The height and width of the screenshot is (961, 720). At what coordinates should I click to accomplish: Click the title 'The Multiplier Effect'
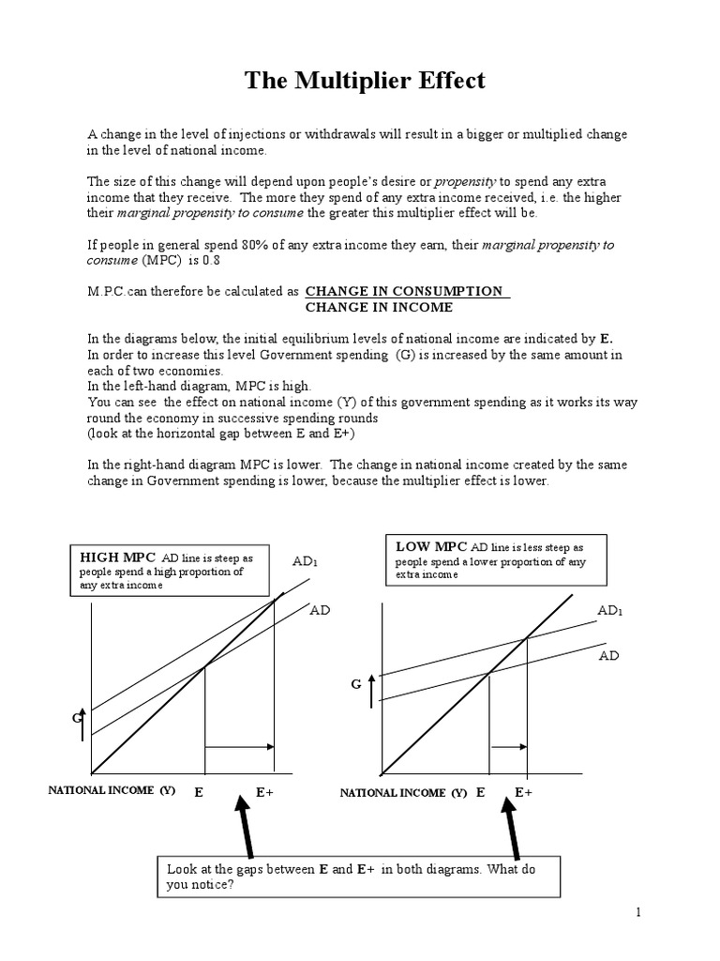[x=365, y=81]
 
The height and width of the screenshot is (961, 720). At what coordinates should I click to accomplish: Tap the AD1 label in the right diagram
[x=610, y=611]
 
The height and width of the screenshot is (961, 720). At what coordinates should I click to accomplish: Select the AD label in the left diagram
[x=321, y=609]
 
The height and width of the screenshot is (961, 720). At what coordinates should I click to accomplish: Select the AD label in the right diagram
[x=609, y=655]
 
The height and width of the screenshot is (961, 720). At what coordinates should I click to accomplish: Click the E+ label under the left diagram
[x=265, y=792]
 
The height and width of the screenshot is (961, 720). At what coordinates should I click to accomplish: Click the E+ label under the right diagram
[x=523, y=792]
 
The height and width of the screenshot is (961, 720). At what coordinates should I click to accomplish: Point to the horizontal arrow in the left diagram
[x=239, y=747]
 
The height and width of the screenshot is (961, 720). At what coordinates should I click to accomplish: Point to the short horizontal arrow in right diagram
[x=509, y=747]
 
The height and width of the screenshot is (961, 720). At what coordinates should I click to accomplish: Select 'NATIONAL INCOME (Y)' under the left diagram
[x=112, y=791]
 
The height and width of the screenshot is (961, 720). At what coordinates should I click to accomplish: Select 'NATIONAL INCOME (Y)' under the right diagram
[x=403, y=793]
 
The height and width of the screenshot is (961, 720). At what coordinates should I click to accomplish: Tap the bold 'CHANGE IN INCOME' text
[x=380, y=307]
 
